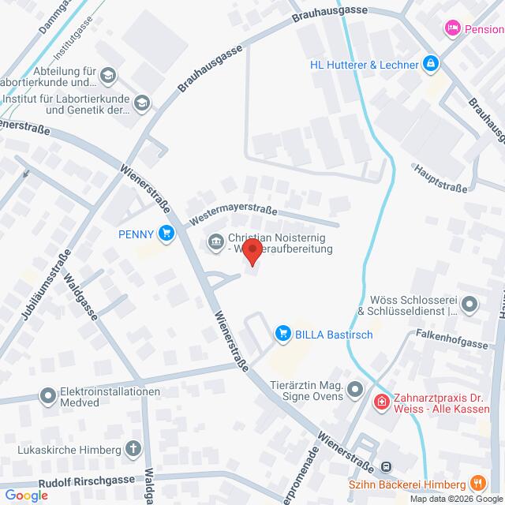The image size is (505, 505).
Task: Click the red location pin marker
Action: coord(252,252)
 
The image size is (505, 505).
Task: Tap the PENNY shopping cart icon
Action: coord(166,233)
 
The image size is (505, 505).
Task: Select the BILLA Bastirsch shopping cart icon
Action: coord(283,335)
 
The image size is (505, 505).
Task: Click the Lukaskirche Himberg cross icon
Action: coord(134,451)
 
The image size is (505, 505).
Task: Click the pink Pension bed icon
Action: coord(453,28)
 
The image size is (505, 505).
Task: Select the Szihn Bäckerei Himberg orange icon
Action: coord(477,482)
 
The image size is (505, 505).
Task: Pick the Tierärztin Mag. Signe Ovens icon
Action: coord(356,389)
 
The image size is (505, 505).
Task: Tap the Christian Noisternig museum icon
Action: coord(215,241)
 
